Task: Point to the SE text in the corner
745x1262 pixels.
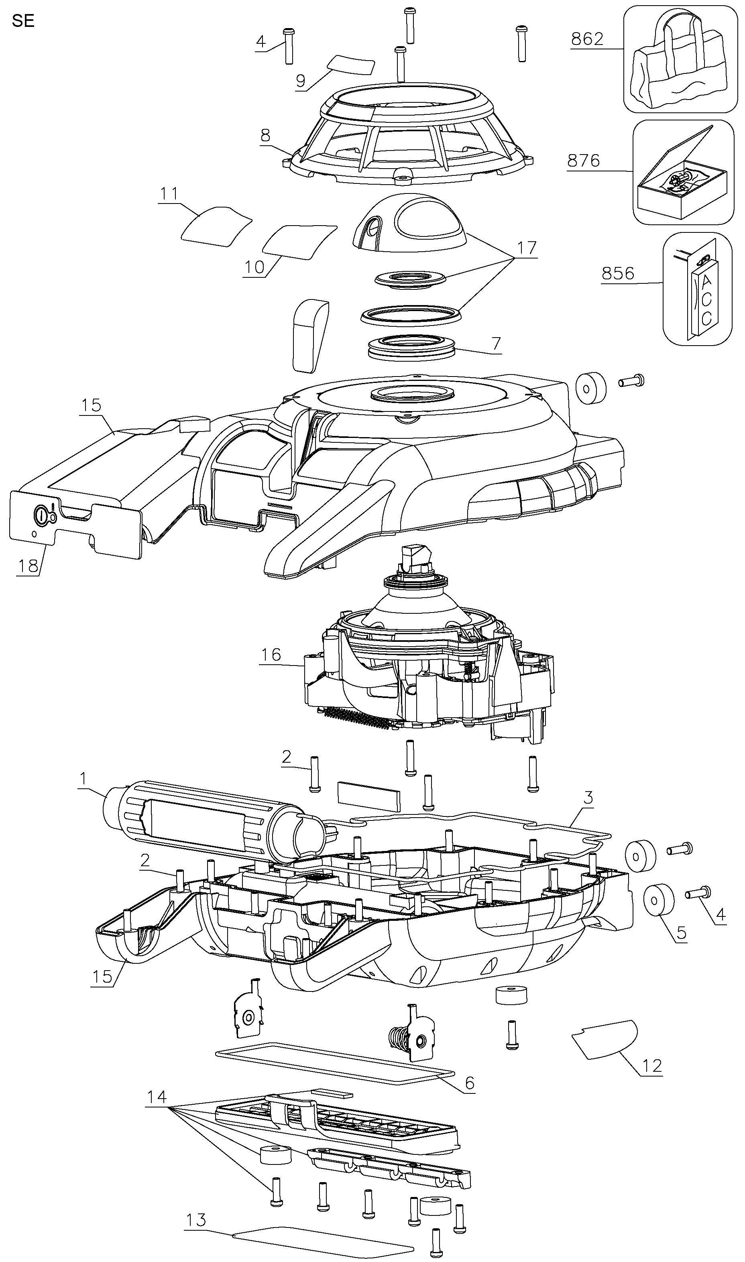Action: [23, 22]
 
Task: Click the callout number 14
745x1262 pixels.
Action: [157, 1097]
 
